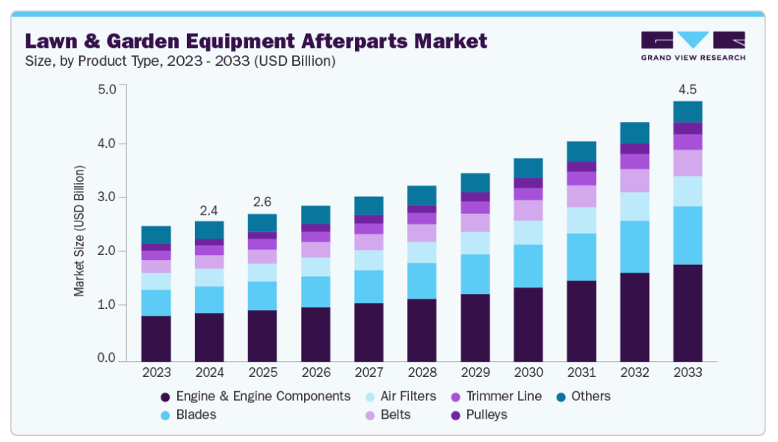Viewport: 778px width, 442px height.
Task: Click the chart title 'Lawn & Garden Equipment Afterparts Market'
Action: [256, 40]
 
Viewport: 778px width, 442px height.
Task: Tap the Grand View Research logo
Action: [692, 46]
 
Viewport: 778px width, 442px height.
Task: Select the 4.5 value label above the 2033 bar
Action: [687, 90]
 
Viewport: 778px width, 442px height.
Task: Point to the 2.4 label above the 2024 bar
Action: [209, 210]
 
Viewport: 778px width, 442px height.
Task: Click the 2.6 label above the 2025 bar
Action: [262, 203]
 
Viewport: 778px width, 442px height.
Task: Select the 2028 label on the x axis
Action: [422, 372]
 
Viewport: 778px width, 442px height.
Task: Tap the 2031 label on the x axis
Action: [581, 372]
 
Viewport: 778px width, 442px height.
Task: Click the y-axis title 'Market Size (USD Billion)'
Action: [79, 230]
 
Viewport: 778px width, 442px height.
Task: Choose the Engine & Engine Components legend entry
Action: [255, 396]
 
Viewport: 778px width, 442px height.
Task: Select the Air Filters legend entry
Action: [401, 396]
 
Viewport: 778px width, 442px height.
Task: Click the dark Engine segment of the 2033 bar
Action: [687, 313]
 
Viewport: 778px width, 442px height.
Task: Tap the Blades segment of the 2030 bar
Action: [528, 265]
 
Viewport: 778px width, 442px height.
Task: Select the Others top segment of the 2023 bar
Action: [155, 234]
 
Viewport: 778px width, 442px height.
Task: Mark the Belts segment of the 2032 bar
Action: [634, 180]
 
